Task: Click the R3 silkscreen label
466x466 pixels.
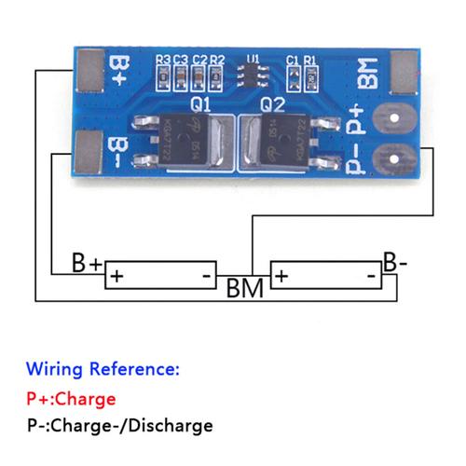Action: (x=163, y=60)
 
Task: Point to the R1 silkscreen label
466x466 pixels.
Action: (x=310, y=60)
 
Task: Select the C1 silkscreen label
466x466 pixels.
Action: (x=293, y=60)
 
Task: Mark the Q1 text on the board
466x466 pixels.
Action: (x=200, y=103)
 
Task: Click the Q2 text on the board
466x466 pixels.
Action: (x=272, y=103)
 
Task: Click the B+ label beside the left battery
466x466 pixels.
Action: (x=86, y=264)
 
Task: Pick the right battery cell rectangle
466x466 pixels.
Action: (x=326, y=276)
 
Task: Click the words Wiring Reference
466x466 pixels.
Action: (x=102, y=368)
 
